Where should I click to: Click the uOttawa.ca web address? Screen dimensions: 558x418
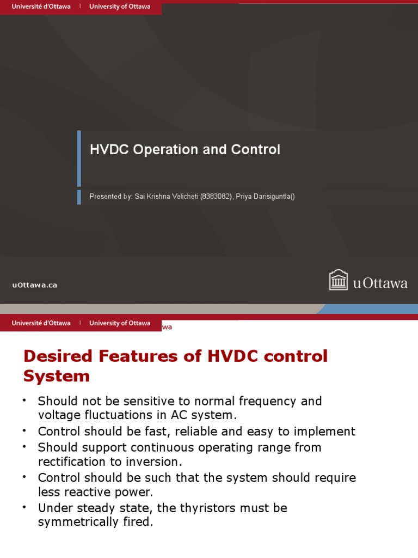[x=35, y=284]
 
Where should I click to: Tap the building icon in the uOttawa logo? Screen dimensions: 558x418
[x=339, y=280]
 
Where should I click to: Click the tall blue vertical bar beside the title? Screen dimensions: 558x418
[x=79, y=158]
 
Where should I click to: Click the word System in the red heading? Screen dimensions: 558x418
[x=57, y=376]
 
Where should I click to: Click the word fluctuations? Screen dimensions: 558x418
[x=112, y=415]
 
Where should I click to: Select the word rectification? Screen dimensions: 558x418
[x=71, y=462]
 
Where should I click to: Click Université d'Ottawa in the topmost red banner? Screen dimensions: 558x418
[x=41, y=7]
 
